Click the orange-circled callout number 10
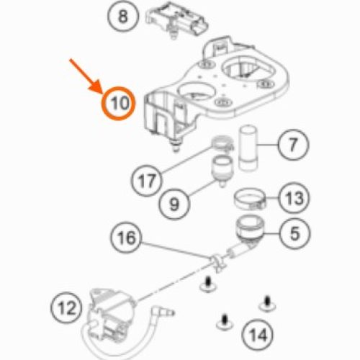point(119,104)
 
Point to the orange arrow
point(86,77)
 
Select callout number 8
point(123,17)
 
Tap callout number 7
point(293,145)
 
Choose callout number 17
point(147,181)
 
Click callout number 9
point(174,204)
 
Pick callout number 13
point(294,198)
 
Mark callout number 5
point(295,233)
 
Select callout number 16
point(126,238)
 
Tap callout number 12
point(66,308)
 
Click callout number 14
point(258,336)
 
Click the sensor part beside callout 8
point(177,20)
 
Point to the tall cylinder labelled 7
point(248,148)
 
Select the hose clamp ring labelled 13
point(250,199)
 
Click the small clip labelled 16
point(217,262)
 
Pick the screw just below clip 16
point(207,285)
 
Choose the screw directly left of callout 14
point(225,323)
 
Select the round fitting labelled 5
point(250,229)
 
